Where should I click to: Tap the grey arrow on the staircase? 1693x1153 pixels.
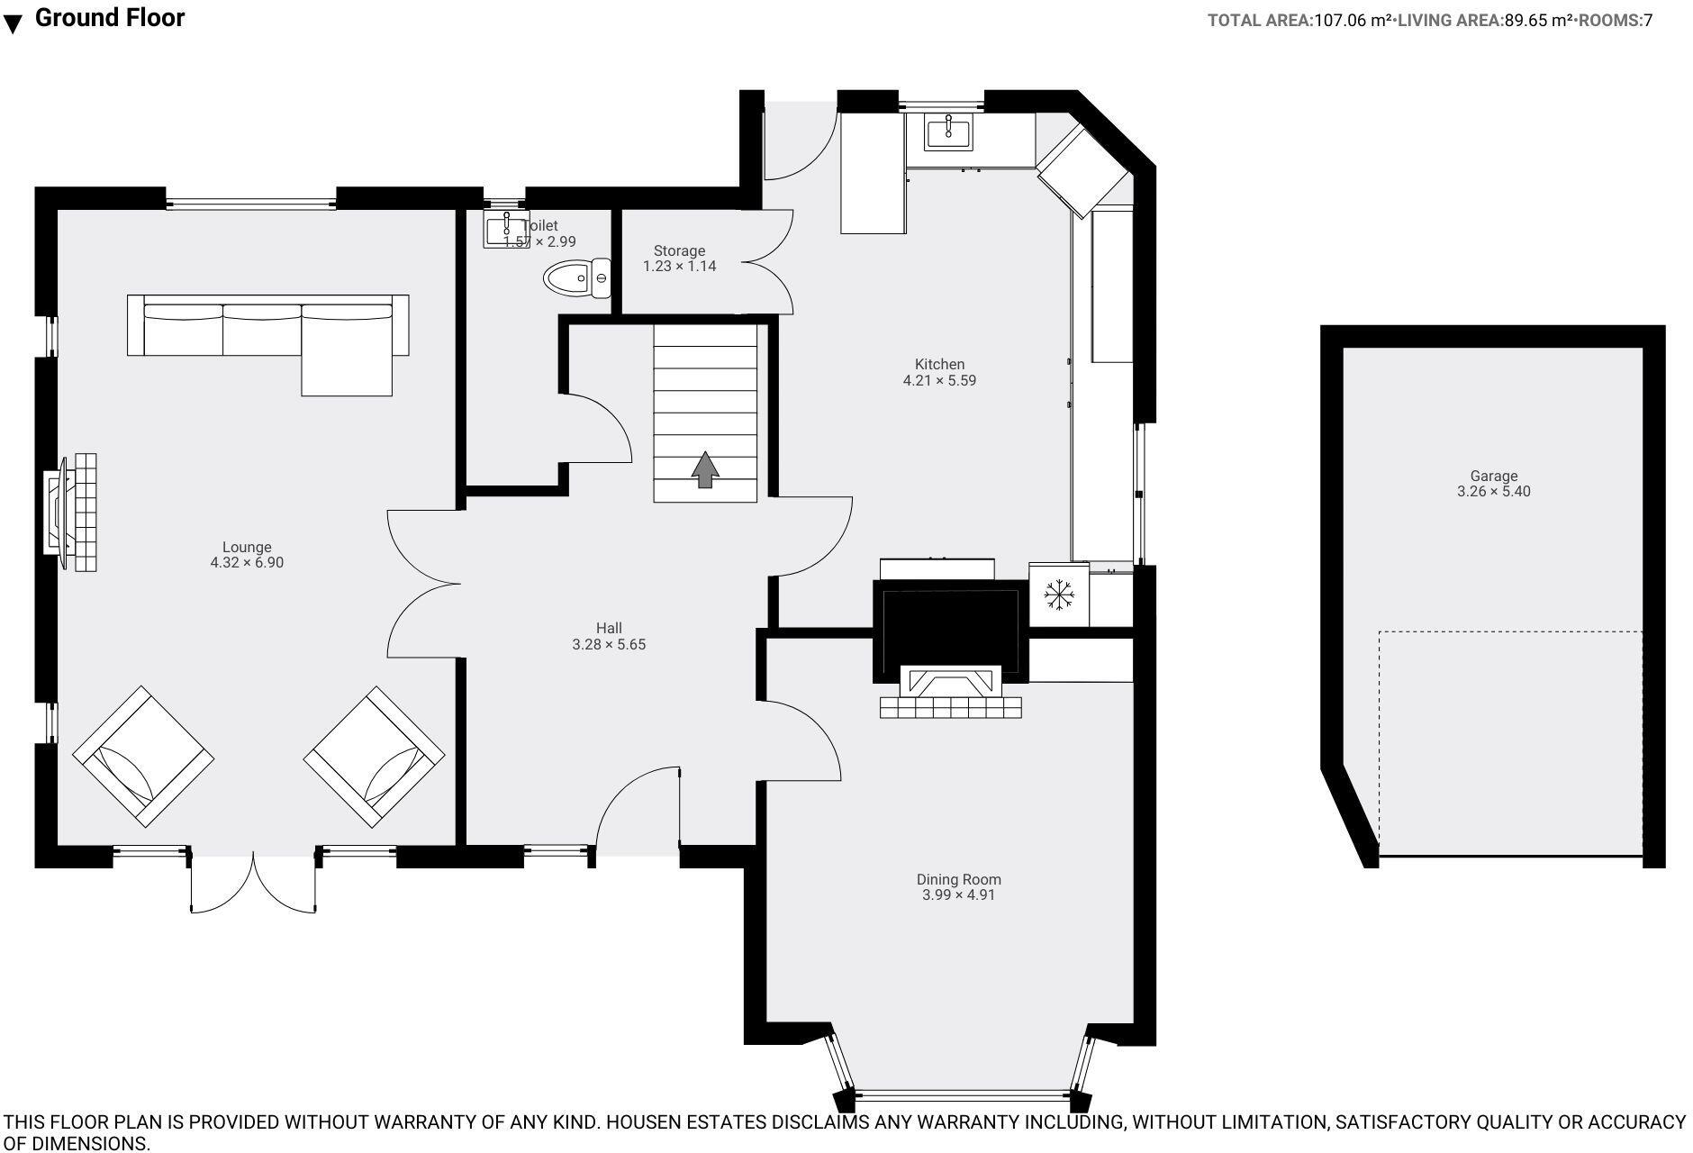pos(705,469)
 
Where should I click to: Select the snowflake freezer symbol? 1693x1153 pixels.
pos(1059,595)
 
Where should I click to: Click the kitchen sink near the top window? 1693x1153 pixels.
pos(948,133)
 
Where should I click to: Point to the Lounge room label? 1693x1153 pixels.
pos(247,547)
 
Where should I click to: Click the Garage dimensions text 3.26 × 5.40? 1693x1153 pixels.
pos(1493,492)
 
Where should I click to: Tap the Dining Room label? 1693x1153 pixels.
pos(958,879)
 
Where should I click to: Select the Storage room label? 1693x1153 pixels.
pos(679,250)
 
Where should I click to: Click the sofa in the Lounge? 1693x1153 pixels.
pos(268,335)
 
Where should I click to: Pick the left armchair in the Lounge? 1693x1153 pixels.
pos(143,757)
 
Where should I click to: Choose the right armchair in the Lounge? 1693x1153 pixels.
pos(375,757)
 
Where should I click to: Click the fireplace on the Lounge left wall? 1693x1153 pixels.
pos(70,513)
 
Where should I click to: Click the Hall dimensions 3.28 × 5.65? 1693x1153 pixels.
pos(609,645)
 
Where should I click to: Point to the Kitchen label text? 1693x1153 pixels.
pos(939,364)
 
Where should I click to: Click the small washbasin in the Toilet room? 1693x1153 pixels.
pos(506,231)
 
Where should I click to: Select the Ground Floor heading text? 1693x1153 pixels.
pos(110,18)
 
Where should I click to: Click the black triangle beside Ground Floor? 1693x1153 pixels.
pos(13,24)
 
